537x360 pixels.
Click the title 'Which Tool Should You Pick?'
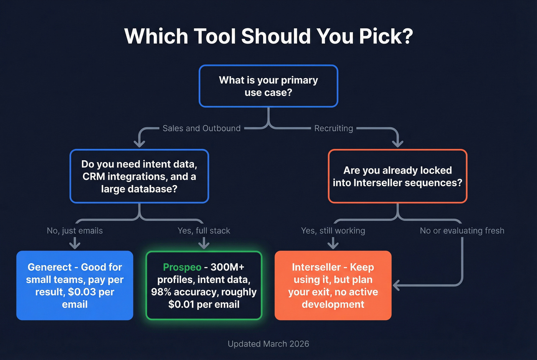pos(268,36)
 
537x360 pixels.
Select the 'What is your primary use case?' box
pos(268,86)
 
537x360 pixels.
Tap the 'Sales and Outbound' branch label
pos(201,128)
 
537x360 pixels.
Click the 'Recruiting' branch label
pos(333,128)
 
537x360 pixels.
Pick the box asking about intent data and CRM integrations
pos(139,176)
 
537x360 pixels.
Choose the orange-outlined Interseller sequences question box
pos(397,176)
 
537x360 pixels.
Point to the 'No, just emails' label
pos(75,231)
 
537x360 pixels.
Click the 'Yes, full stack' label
pos(204,231)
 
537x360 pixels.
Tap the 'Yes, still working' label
pos(333,231)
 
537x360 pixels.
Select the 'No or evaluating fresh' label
pos(462,231)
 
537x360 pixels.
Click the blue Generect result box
pos(75,286)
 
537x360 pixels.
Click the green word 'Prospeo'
pos(182,267)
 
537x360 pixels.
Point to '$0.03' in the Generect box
pos(82,292)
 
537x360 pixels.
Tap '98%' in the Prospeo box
pos(161,292)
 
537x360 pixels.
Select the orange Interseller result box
pos(333,286)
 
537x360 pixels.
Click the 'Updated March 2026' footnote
pos(268,344)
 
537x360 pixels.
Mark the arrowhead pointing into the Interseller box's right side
pos(396,285)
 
